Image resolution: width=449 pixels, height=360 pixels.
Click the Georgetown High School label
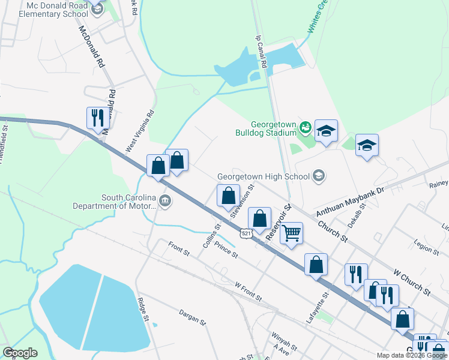[263, 176]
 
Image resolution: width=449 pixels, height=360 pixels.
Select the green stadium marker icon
[306, 127]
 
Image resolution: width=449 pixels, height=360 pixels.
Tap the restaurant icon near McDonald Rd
[97, 117]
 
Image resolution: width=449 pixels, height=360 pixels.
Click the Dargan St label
[192, 317]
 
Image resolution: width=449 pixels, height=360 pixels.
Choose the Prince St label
[226, 250]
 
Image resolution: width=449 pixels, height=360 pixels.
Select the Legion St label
[427, 246]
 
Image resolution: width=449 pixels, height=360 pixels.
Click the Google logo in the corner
[20, 352]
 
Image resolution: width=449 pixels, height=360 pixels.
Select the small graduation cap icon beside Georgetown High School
[319, 176]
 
